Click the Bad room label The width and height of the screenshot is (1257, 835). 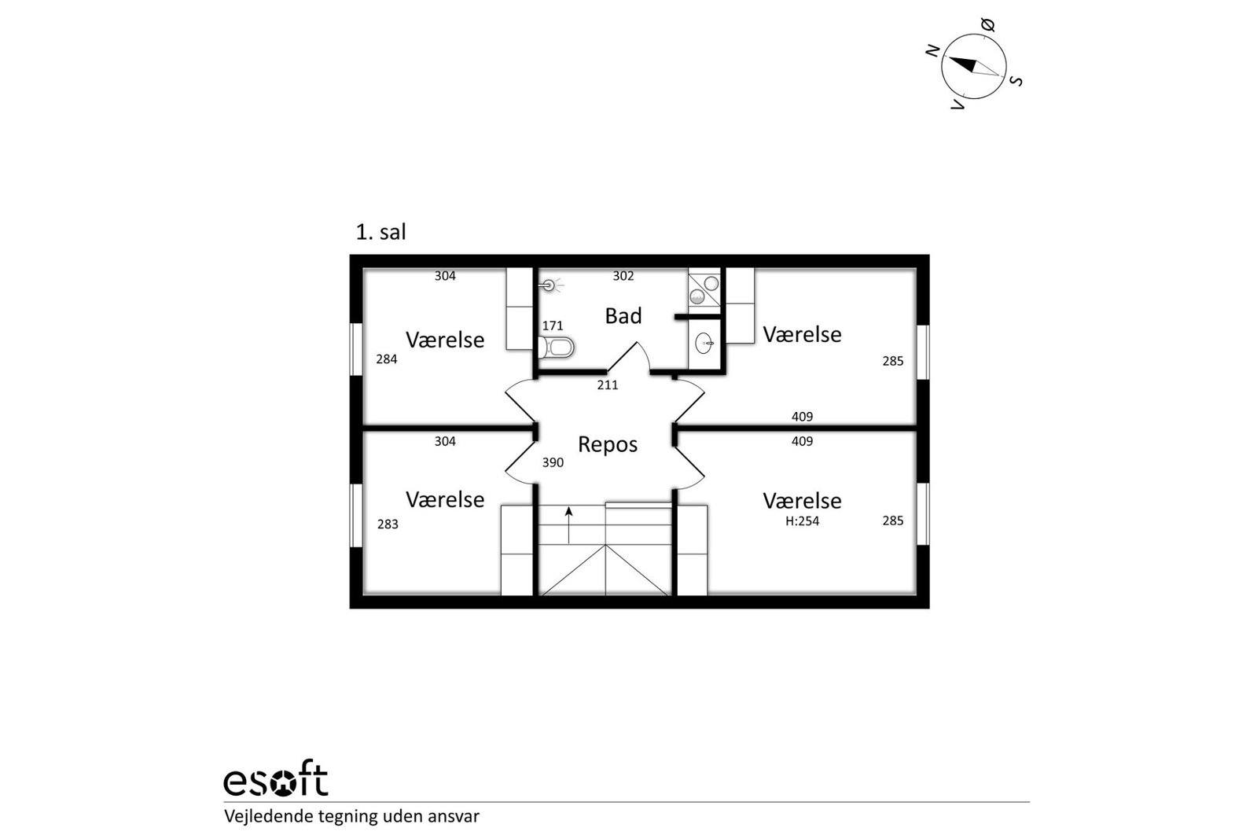623,316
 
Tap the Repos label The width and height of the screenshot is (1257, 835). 608,444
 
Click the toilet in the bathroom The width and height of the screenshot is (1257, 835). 556,348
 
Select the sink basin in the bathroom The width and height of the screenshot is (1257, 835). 704,344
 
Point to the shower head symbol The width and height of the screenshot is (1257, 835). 549,285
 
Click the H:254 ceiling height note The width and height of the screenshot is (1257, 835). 802,521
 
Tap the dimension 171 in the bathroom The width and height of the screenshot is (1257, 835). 552,326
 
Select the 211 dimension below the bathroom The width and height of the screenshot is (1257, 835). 608,385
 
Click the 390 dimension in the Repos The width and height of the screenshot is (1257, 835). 553,462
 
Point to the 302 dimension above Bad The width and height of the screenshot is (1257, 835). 623,276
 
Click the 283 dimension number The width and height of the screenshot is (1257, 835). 388,524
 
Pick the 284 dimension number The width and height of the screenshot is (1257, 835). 387,359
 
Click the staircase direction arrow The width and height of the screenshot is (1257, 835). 569,525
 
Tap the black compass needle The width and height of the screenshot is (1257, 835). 963,64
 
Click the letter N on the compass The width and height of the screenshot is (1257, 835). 932,51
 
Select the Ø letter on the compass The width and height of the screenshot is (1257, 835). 987,24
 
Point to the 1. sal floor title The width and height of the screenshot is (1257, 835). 380,232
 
